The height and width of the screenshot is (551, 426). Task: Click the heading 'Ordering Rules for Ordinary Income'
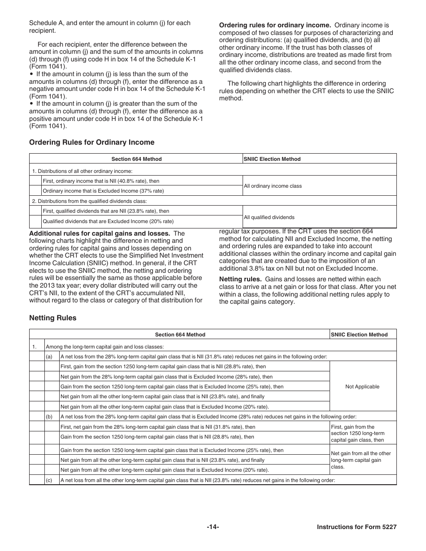click(x=91, y=142)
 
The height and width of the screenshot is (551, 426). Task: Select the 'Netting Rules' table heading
click(x=52, y=318)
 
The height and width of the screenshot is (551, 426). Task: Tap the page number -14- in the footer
click(x=213, y=527)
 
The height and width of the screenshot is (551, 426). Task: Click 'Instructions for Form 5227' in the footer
click(x=356, y=527)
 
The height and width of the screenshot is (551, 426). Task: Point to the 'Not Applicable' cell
click(x=362, y=387)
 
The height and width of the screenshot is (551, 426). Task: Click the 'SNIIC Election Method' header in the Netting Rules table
click(x=359, y=335)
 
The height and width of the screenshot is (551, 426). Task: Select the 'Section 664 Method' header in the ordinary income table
click(x=136, y=159)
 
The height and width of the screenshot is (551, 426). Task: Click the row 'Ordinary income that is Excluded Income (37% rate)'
click(x=103, y=191)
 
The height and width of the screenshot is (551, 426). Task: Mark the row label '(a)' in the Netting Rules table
click(x=49, y=357)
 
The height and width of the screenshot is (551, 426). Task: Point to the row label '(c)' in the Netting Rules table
click(x=49, y=480)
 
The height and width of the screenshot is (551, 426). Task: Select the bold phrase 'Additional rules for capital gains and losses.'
click(x=100, y=233)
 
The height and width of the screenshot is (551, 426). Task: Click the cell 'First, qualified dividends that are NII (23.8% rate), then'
click(x=106, y=211)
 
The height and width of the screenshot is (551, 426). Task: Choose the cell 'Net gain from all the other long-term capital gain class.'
click(x=361, y=460)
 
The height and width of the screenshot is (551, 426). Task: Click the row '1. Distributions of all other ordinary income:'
click(x=82, y=171)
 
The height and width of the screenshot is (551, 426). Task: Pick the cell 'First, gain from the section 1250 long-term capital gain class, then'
click(x=357, y=433)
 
